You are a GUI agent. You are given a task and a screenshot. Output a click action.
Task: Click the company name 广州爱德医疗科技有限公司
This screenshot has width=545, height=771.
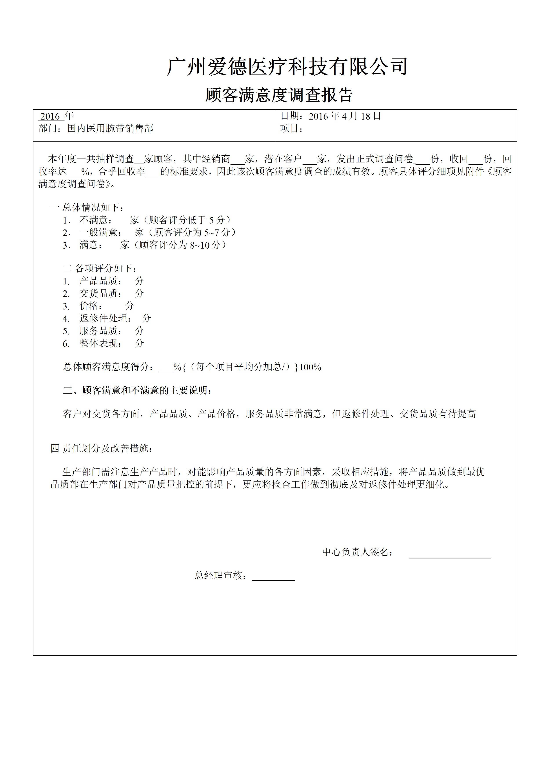click(287, 66)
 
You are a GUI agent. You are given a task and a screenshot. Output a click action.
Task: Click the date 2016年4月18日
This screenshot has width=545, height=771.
click(345, 116)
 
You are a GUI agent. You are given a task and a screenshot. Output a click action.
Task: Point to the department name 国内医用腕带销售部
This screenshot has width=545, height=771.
click(110, 128)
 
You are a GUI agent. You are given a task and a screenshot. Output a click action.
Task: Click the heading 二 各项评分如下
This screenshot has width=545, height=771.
click(100, 268)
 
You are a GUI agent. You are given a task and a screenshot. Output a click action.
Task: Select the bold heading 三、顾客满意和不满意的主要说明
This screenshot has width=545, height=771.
click(137, 391)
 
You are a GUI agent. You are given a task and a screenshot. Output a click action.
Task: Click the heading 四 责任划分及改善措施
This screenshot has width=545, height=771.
click(101, 448)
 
